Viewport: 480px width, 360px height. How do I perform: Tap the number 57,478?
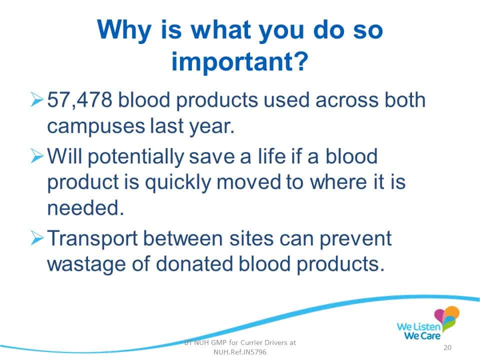(x=79, y=100)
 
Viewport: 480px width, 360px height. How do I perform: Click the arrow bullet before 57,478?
(x=37, y=99)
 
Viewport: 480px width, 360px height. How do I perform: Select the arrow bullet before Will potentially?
(x=37, y=156)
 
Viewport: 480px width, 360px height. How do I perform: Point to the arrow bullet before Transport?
(x=37, y=238)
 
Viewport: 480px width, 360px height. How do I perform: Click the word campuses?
(x=96, y=126)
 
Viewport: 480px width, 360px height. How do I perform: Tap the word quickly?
(x=178, y=183)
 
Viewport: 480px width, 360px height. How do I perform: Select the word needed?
(x=85, y=207)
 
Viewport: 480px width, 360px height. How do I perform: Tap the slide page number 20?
(x=447, y=347)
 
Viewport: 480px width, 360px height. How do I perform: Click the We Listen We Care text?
(x=419, y=331)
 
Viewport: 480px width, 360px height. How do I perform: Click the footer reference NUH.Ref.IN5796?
(x=240, y=352)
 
